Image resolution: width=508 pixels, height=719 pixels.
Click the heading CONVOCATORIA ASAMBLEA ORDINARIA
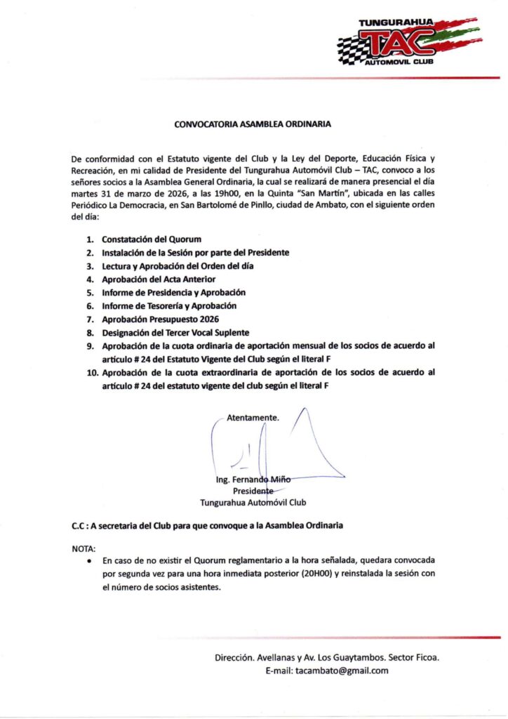click(x=253, y=124)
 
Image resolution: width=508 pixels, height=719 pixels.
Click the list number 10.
click(x=92, y=372)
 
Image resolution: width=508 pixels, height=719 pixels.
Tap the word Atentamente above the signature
click(x=253, y=417)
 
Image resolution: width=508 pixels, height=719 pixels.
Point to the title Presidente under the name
click(x=253, y=491)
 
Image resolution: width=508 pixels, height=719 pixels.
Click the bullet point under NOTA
click(x=88, y=562)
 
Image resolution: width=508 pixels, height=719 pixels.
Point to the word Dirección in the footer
click(x=234, y=658)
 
